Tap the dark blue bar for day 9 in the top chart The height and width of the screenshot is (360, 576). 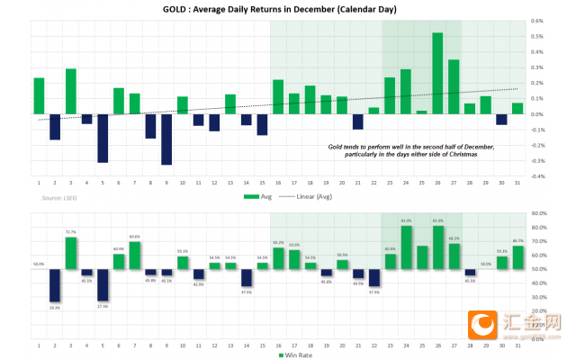(166, 139)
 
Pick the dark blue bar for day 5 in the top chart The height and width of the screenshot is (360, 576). (103, 138)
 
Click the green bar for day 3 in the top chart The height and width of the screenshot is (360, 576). (71, 91)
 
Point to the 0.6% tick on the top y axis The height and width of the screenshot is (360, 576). (536, 20)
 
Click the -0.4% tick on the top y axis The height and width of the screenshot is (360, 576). (537, 176)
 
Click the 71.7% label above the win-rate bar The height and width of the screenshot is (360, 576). (71, 232)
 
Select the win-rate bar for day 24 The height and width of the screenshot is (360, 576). (406, 247)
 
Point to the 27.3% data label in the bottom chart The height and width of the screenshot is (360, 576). (103, 306)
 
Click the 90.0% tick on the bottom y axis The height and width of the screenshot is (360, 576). (538, 213)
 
